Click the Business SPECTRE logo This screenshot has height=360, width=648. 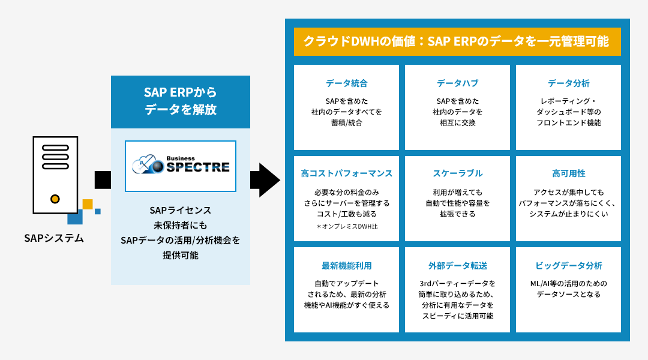click(x=181, y=166)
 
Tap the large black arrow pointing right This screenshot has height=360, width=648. click(x=265, y=180)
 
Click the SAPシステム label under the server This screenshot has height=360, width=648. click(x=54, y=238)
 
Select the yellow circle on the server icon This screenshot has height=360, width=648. click(x=55, y=199)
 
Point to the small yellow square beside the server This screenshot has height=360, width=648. click(x=88, y=204)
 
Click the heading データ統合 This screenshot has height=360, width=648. click(x=346, y=83)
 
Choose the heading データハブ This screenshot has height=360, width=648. click(x=457, y=83)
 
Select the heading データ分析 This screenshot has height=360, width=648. click(x=569, y=83)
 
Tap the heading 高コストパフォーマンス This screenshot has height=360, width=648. click(x=346, y=173)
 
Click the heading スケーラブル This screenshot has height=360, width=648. click(x=457, y=173)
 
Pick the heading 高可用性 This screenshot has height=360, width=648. click(x=569, y=173)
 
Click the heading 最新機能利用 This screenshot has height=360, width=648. click(x=346, y=266)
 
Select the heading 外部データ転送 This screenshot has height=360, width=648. click(x=457, y=266)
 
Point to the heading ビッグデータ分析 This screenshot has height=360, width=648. click(x=569, y=266)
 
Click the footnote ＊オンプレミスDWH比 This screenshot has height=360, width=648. click(x=347, y=226)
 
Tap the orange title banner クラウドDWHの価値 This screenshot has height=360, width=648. click(x=457, y=41)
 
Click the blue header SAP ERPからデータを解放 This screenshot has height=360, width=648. click(x=181, y=101)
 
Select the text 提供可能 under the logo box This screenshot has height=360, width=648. click(x=181, y=256)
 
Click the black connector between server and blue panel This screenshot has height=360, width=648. click(x=103, y=180)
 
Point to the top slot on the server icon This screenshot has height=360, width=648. click(x=55, y=148)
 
